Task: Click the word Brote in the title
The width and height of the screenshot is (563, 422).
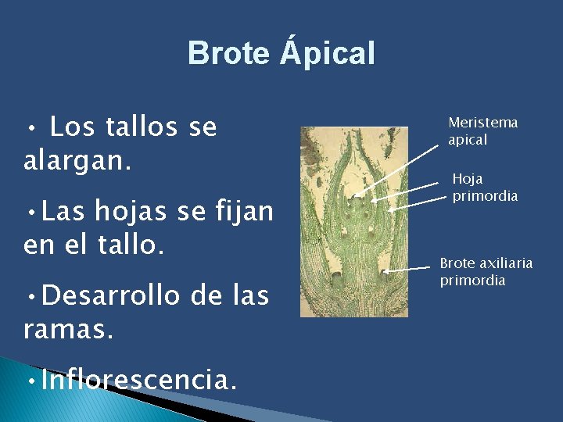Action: pyautogui.click(x=228, y=54)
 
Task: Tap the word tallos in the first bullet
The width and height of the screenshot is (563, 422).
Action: pyautogui.click(x=138, y=127)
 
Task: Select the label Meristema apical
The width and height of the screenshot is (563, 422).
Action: pyautogui.click(x=482, y=131)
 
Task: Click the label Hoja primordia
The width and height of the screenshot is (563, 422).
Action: pyautogui.click(x=485, y=188)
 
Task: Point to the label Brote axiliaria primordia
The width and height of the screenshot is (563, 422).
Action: pyautogui.click(x=486, y=271)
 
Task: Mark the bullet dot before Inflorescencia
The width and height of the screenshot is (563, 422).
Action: pyautogui.click(x=29, y=382)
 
